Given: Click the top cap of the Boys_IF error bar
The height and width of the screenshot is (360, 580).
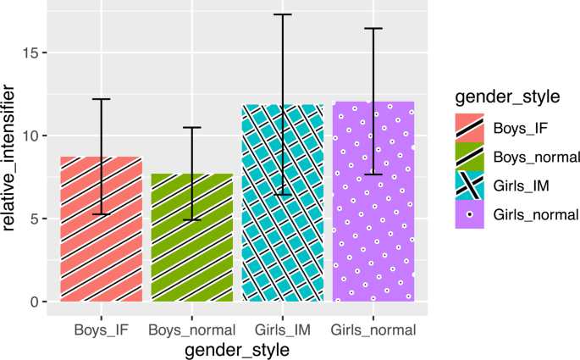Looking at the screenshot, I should click(x=102, y=99).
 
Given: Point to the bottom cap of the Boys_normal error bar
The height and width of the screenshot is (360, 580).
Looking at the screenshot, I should click(x=192, y=219).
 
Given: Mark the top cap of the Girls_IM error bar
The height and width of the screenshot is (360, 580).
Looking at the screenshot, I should click(x=283, y=14).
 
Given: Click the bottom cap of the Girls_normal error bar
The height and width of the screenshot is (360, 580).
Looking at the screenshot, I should click(x=373, y=174).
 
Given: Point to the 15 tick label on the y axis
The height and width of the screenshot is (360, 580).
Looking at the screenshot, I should click(x=31, y=53).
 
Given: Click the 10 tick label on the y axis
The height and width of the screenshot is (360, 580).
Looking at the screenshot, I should click(x=31, y=136).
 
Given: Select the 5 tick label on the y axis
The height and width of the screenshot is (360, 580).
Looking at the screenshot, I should click(x=35, y=219).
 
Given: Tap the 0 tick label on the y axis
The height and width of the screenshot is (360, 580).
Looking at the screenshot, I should click(x=35, y=302).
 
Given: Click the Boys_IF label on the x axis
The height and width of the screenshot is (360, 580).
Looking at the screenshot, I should click(x=102, y=329).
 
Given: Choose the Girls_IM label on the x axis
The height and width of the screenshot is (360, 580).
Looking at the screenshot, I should click(x=283, y=329).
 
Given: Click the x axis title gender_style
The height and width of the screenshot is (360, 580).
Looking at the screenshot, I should click(x=237, y=348).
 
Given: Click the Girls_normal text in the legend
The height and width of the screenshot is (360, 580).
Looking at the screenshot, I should click(x=523, y=214).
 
